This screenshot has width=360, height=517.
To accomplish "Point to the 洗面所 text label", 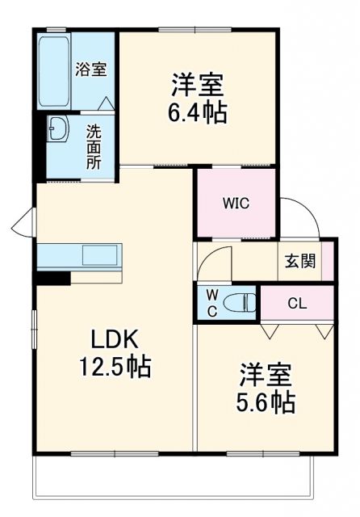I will tap(94, 145).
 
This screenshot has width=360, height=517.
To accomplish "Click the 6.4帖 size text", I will tap(196, 111).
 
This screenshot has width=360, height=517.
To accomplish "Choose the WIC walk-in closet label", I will tap(237, 203).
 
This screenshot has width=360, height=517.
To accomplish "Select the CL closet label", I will tap(297, 304).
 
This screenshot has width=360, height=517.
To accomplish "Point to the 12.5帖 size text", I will tap(115, 368).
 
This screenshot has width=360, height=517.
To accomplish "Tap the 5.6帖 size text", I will tap(266, 401).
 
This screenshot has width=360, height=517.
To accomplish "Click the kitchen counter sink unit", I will tap(78, 255).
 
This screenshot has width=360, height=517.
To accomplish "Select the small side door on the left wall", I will tap(26, 219).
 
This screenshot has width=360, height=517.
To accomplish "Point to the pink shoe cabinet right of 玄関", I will tap(327, 261).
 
